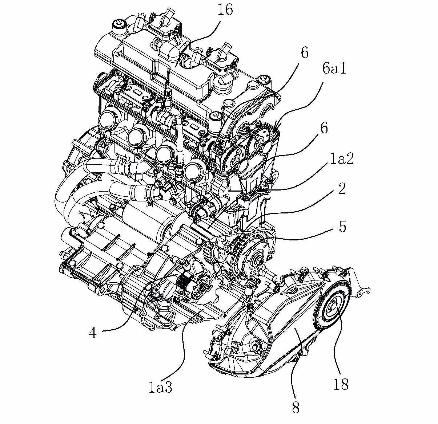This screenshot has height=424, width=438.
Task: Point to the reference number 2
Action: tap(342, 189)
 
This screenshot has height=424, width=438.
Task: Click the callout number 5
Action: tap(342, 227)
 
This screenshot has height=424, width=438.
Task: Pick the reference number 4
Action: tap(93, 333)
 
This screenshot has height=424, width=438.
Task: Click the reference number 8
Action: tap(296, 408)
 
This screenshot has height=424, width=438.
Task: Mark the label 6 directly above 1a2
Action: tap(324, 128)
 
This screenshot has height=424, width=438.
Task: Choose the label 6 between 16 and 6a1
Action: tap(304, 52)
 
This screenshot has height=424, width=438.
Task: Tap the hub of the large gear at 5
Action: tap(259, 259)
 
